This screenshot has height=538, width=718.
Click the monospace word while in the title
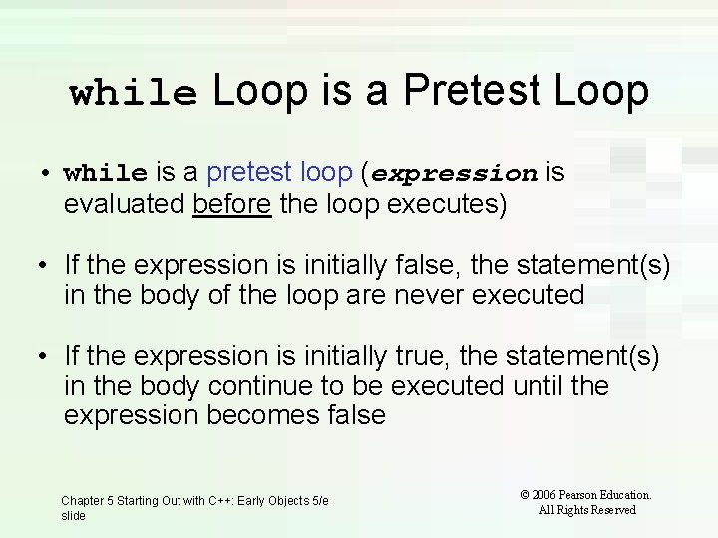coord(134,93)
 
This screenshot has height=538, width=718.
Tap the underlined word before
coord(232,205)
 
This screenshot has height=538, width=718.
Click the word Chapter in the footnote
coord(83,501)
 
